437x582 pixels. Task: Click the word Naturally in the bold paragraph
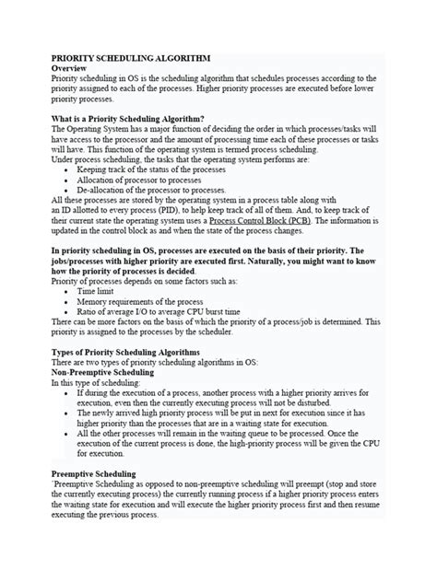tap(276, 261)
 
